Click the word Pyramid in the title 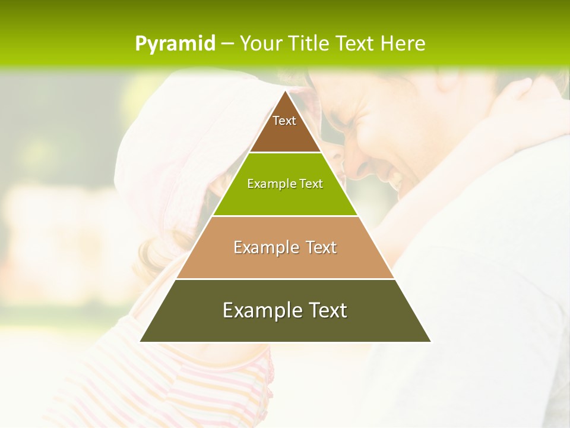175,43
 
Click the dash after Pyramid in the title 227,44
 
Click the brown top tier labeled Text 284,128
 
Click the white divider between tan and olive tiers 285,279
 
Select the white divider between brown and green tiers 285,153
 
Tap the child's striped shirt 226,386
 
